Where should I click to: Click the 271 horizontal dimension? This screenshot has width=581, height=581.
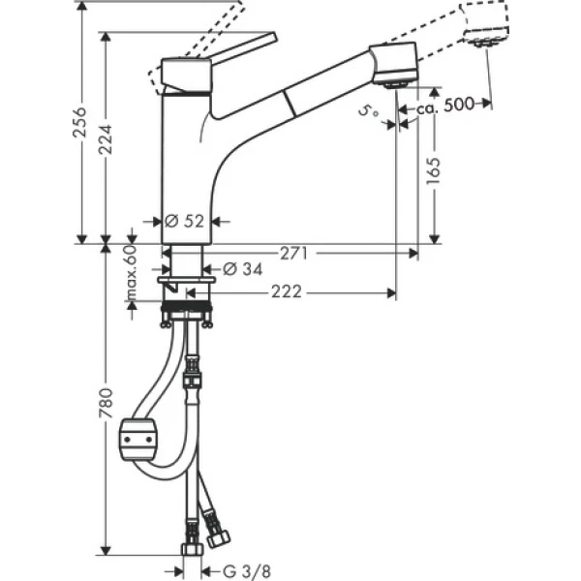point(294,254)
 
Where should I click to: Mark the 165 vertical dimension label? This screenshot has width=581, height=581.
point(432,174)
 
